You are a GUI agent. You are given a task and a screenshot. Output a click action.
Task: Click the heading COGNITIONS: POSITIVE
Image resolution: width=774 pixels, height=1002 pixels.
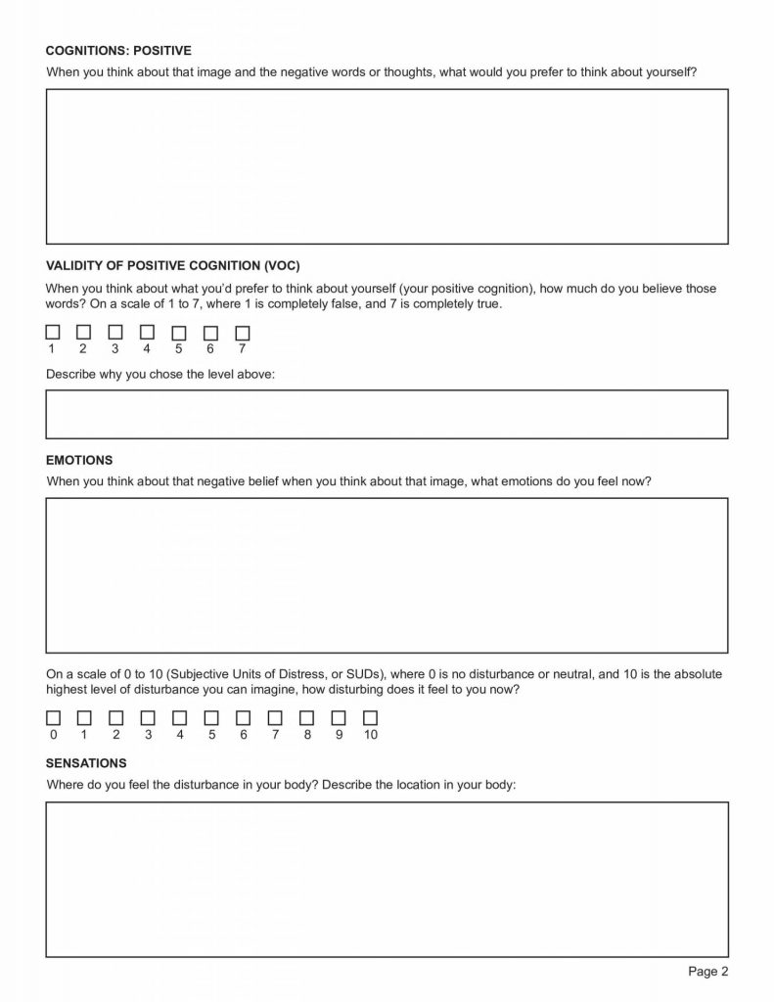[x=118, y=50]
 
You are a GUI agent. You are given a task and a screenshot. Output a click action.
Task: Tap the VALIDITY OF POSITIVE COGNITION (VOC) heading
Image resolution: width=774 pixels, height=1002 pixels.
[x=172, y=265]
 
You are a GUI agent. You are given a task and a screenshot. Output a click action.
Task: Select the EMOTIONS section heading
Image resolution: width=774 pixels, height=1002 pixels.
[x=79, y=460]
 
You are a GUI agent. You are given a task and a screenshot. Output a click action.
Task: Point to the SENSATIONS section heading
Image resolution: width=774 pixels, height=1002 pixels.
[x=86, y=762]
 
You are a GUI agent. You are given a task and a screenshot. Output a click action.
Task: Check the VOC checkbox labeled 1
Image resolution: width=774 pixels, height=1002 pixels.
[x=52, y=333]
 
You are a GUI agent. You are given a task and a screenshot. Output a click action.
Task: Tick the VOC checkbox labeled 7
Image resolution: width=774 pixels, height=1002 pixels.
[x=243, y=333]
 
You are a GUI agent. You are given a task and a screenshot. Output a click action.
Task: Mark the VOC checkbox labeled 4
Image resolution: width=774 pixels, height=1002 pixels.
[x=147, y=333]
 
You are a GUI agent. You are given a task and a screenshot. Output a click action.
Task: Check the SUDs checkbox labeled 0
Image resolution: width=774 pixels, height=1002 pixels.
[x=52, y=718]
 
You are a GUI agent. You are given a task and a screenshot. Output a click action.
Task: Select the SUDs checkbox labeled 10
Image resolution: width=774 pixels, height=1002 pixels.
[x=370, y=718]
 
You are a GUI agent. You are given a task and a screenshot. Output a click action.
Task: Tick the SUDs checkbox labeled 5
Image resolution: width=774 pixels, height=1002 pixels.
[x=211, y=718]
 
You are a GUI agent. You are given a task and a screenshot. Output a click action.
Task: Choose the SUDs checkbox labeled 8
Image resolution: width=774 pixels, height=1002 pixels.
[x=306, y=718]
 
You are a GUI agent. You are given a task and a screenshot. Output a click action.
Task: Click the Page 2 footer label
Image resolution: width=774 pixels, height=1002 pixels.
[x=708, y=972]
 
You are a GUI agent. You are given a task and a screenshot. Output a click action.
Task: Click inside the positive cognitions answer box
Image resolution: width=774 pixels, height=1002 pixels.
[x=387, y=166]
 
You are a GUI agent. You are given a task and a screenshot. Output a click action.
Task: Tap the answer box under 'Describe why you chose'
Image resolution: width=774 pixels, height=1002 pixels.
[x=387, y=414]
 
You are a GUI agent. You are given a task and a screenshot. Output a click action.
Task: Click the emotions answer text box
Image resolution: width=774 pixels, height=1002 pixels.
[x=387, y=574]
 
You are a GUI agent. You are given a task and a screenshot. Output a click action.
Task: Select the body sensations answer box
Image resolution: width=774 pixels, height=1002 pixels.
[x=387, y=879]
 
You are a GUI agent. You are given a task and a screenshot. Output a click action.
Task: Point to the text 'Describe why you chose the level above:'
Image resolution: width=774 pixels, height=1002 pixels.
[x=160, y=374]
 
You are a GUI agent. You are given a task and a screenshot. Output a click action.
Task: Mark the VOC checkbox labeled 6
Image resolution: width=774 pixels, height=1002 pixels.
[x=210, y=333]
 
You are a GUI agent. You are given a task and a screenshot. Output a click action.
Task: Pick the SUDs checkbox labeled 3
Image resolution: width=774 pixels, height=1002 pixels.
[x=148, y=718]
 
